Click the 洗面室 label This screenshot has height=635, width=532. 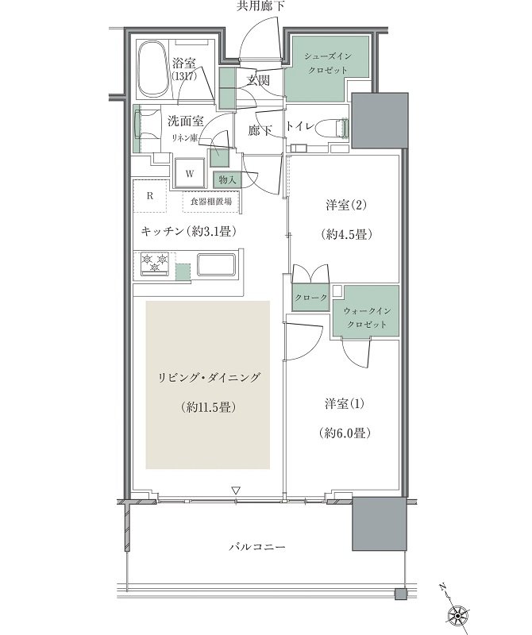(x=184, y=121)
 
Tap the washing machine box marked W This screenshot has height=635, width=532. (x=191, y=172)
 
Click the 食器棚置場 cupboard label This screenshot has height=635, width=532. (x=212, y=203)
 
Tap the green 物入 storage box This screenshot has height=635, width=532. (x=227, y=180)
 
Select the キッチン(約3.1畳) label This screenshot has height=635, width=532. (x=188, y=231)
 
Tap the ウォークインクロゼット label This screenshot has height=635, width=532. (x=366, y=317)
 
